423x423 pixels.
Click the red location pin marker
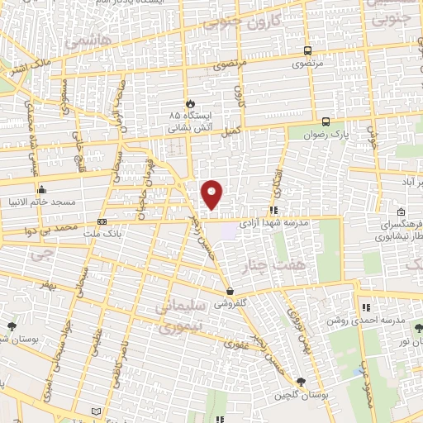pyautogui.click(x=213, y=193)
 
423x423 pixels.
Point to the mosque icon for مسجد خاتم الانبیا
pyautogui.click(x=41, y=189)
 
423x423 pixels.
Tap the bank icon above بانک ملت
pyautogui.click(x=102, y=221)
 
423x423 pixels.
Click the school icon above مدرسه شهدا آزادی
pyautogui.click(x=273, y=211)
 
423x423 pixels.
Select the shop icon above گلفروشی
pyautogui.click(x=231, y=292)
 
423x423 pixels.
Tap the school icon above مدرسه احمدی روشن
pyautogui.click(x=365, y=307)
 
